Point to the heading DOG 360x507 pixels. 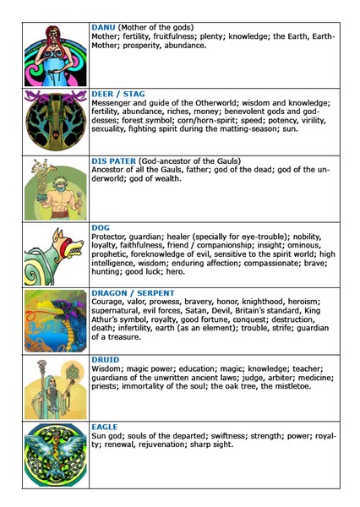[x=101, y=227]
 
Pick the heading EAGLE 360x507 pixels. [x=106, y=426]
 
